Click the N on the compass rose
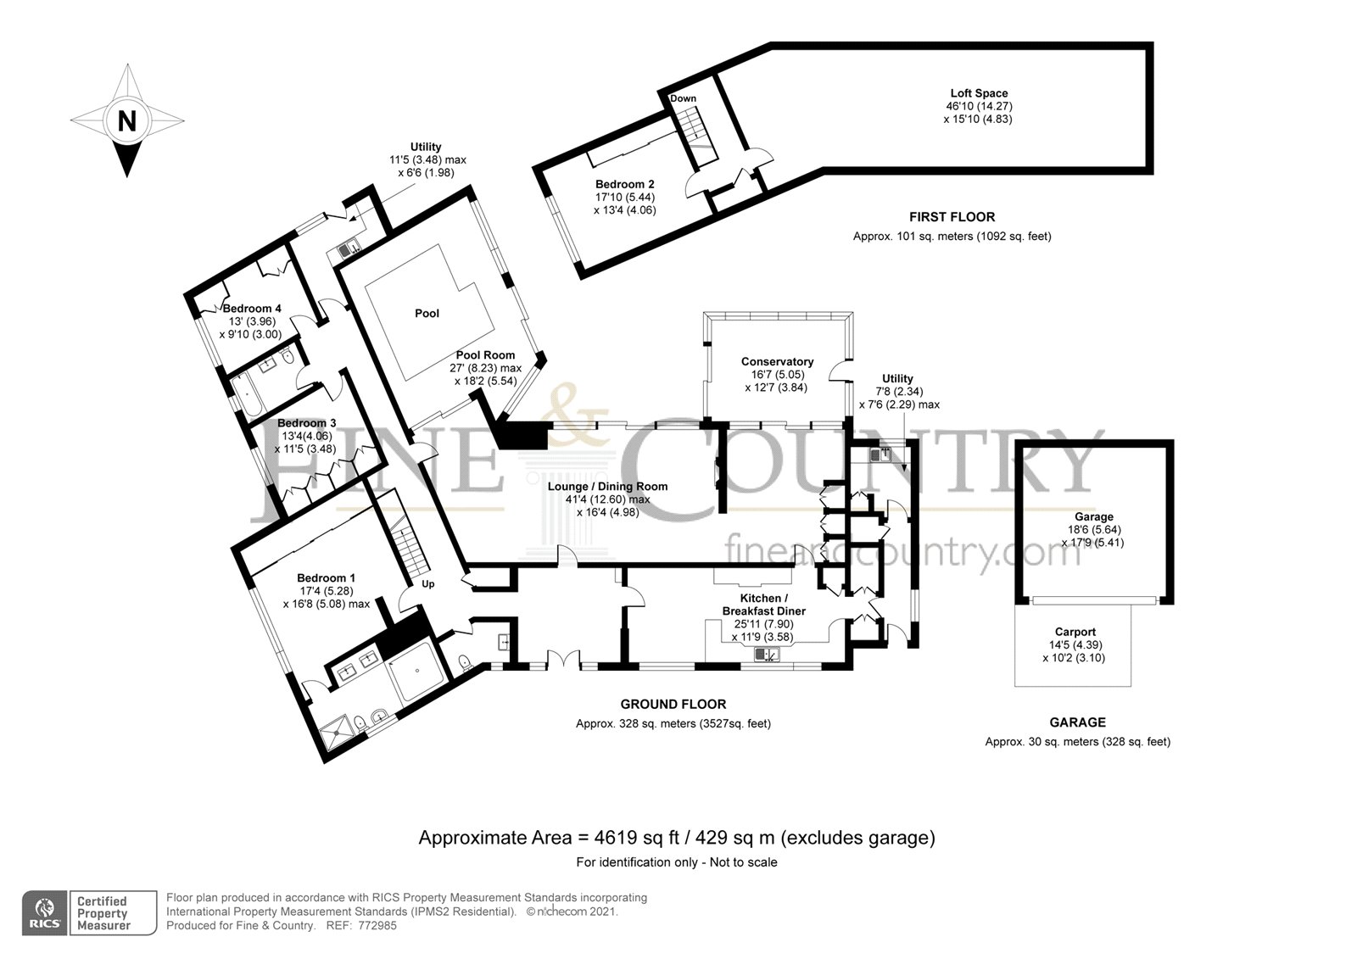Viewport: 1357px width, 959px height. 127,121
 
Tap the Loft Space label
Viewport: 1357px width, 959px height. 979,93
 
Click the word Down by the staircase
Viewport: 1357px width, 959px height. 683,98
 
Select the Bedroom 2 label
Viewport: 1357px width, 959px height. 624,184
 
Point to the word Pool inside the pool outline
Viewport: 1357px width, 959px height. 427,313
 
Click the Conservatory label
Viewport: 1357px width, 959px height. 777,362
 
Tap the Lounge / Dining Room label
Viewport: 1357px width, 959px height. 607,487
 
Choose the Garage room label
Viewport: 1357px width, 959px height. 1094,516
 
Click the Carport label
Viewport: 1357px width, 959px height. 1075,632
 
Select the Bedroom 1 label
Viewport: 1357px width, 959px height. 326,578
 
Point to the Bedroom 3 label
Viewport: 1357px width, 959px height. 306,423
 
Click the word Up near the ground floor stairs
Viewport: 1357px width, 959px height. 428,584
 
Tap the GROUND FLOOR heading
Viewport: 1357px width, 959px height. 673,704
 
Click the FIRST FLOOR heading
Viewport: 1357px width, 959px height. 952,217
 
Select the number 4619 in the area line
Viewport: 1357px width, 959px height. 616,837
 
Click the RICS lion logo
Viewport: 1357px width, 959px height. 45,909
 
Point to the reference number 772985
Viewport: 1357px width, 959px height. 377,926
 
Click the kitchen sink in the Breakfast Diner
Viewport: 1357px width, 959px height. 767,655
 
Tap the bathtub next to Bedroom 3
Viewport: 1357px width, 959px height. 247,396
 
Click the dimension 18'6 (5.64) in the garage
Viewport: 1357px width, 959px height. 1094,529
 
